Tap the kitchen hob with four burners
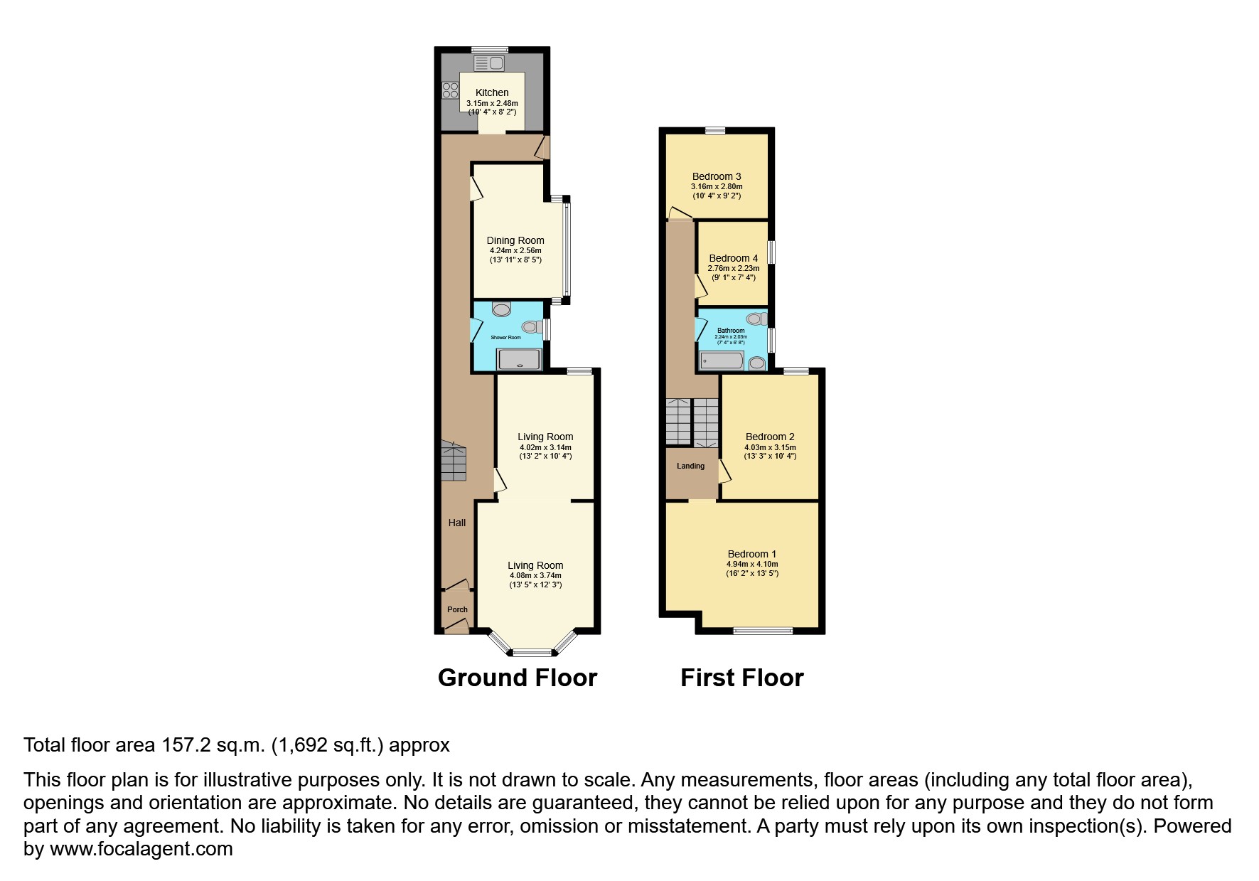(x=450, y=90)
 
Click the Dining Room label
(x=515, y=240)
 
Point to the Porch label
(x=457, y=609)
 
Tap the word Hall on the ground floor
(x=457, y=523)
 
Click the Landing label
(x=690, y=466)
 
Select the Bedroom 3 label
(x=717, y=176)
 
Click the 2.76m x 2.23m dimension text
(x=733, y=268)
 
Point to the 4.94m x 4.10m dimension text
(x=751, y=564)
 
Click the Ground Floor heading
(x=517, y=678)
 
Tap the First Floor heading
(x=741, y=678)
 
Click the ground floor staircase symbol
(x=452, y=461)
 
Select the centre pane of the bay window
(x=532, y=652)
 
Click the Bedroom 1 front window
(x=763, y=630)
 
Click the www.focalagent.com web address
(x=141, y=849)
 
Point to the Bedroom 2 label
(x=770, y=437)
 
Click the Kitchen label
(x=492, y=92)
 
